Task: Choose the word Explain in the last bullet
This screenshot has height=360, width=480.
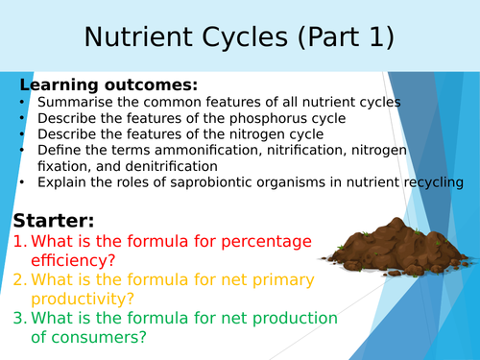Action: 62,182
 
